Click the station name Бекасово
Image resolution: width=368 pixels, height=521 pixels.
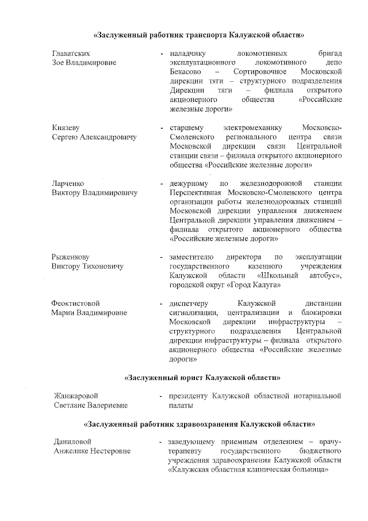[187, 71]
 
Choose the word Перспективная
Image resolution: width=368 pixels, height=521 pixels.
[197, 192]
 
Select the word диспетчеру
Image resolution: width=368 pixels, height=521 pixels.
[192, 303]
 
